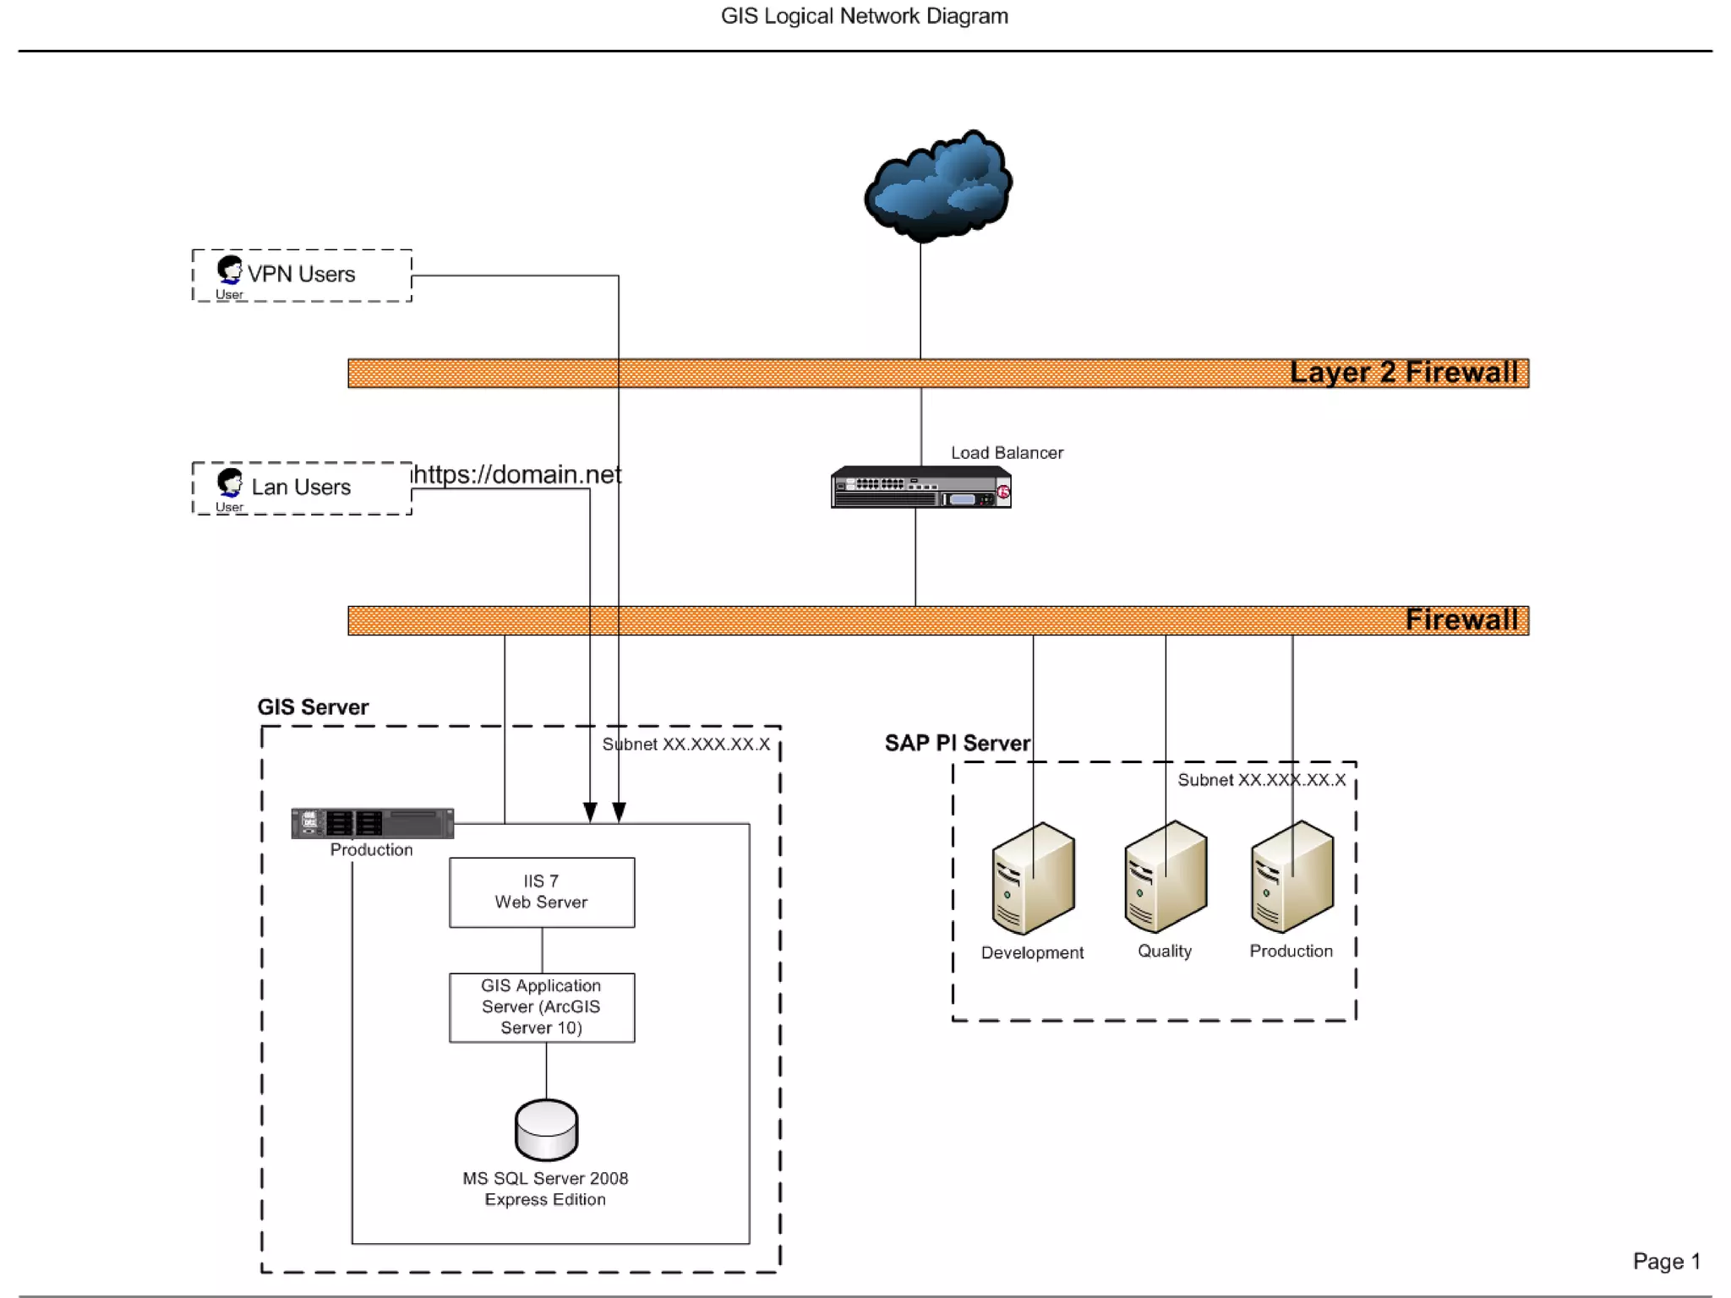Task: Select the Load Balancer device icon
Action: (x=920, y=488)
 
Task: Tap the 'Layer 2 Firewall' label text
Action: (x=1403, y=373)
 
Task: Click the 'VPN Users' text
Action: (x=301, y=275)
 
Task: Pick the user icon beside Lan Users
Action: (x=229, y=483)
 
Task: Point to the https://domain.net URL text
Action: (x=516, y=475)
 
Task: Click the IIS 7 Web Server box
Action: (x=542, y=892)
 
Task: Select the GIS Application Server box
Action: (x=542, y=1007)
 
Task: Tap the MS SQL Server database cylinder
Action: (x=546, y=1130)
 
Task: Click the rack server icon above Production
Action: (x=372, y=823)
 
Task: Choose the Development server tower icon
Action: (x=1033, y=879)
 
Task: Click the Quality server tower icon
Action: (x=1166, y=877)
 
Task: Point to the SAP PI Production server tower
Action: (x=1291, y=877)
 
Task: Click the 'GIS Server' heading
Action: (x=313, y=707)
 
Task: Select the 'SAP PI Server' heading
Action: (x=957, y=744)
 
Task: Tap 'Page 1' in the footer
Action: (x=1666, y=1262)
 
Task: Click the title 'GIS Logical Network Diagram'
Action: (x=864, y=16)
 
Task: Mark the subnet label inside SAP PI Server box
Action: (x=1261, y=780)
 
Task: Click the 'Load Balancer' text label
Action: (x=1007, y=453)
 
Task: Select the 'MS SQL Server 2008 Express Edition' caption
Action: (x=545, y=1189)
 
